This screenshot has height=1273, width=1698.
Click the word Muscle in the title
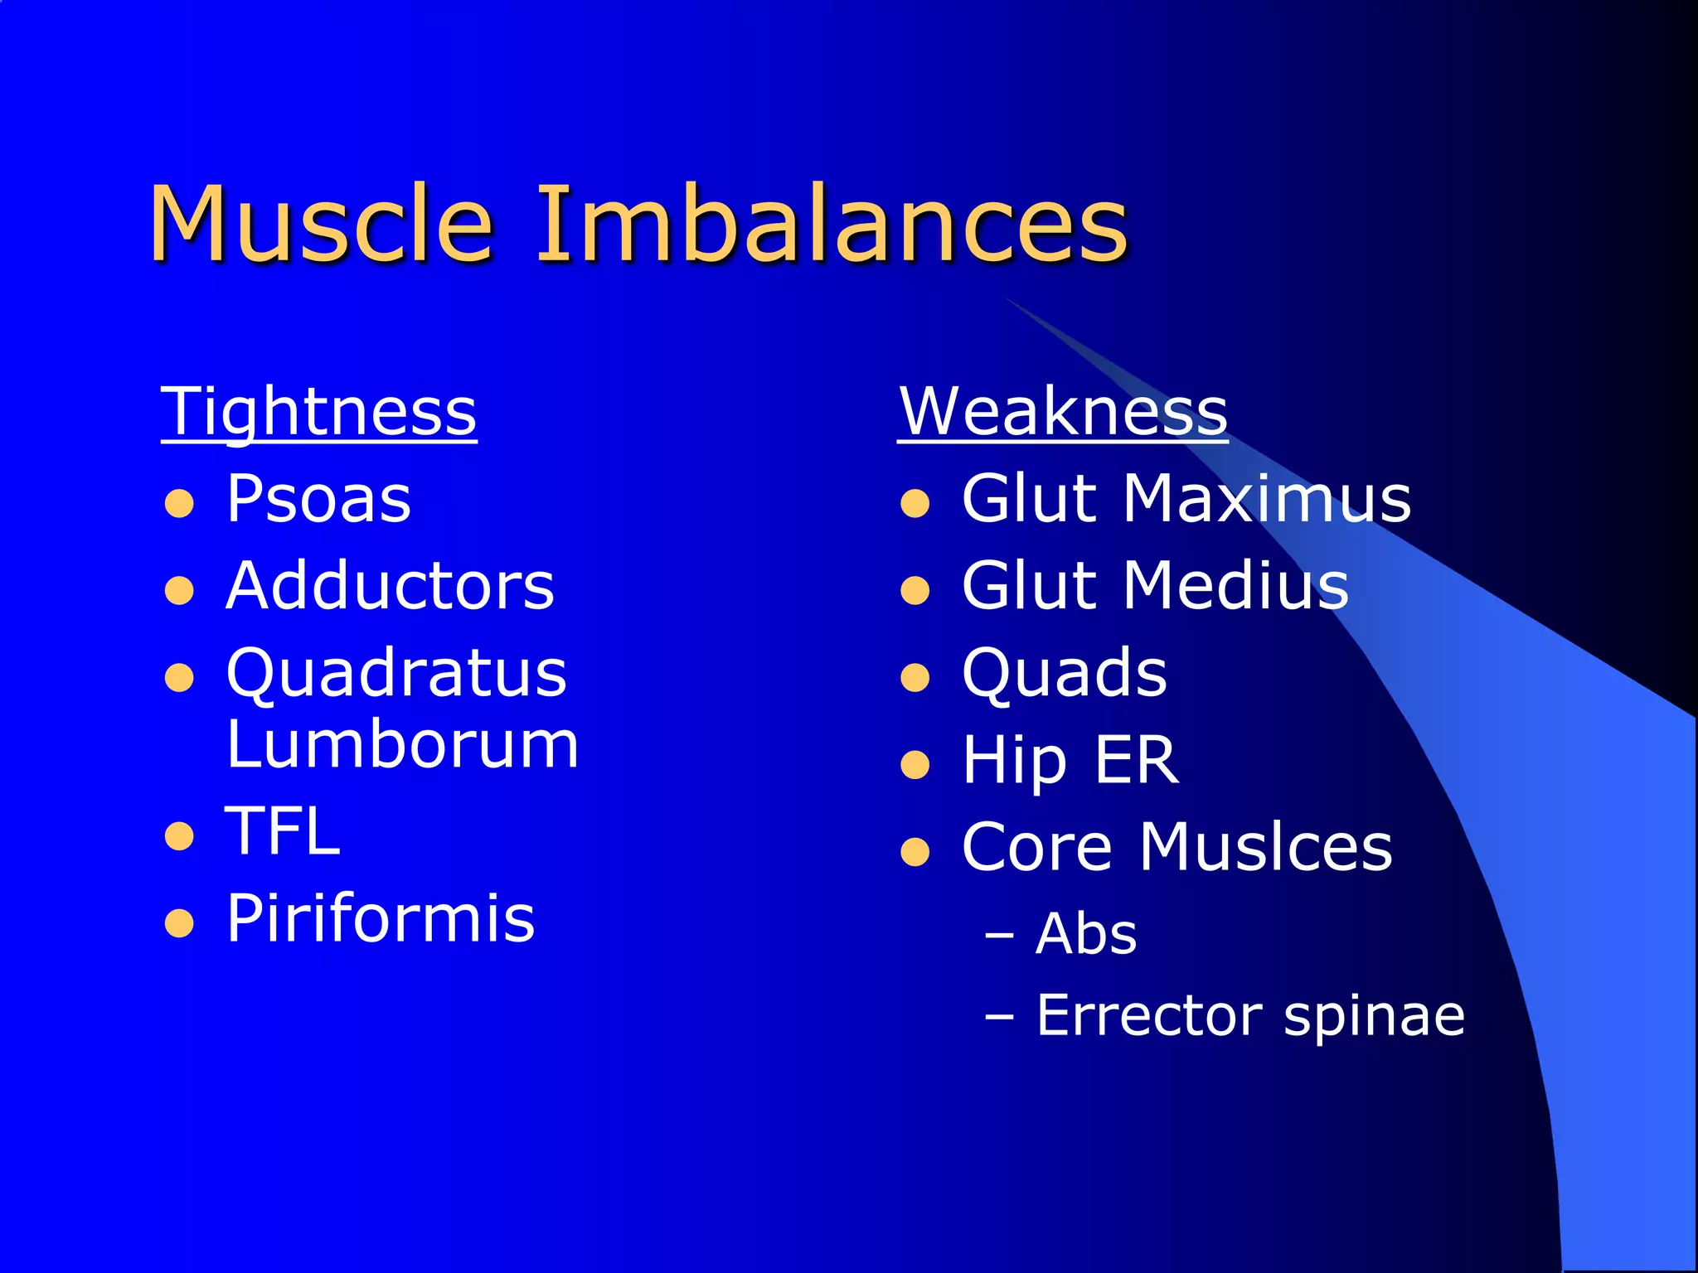(x=321, y=224)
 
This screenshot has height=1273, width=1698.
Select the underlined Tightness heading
(x=318, y=412)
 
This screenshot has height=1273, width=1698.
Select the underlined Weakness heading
(x=1062, y=412)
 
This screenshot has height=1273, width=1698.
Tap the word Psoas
(x=318, y=500)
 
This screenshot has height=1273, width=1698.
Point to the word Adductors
(x=390, y=587)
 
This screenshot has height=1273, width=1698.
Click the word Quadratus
(x=396, y=673)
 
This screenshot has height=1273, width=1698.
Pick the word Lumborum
(x=402, y=745)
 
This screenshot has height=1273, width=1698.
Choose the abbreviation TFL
(x=283, y=831)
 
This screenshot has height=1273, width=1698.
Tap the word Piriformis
(x=381, y=918)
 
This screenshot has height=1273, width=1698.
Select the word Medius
(x=1235, y=587)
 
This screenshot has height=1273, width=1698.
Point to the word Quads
(x=1065, y=673)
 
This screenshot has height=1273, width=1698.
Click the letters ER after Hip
(x=1136, y=760)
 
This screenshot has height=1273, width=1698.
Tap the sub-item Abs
(x=1086, y=935)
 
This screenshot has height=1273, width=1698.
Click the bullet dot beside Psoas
(x=179, y=503)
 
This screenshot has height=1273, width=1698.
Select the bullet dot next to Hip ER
(x=914, y=764)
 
